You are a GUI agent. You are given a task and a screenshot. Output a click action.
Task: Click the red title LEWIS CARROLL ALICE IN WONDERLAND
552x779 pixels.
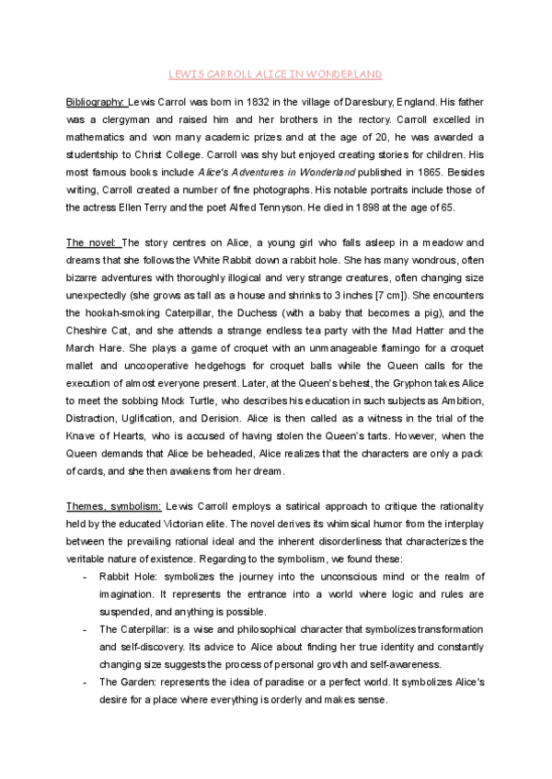coord(276,73)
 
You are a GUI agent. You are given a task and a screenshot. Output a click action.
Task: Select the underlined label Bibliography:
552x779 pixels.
coord(96,102)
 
